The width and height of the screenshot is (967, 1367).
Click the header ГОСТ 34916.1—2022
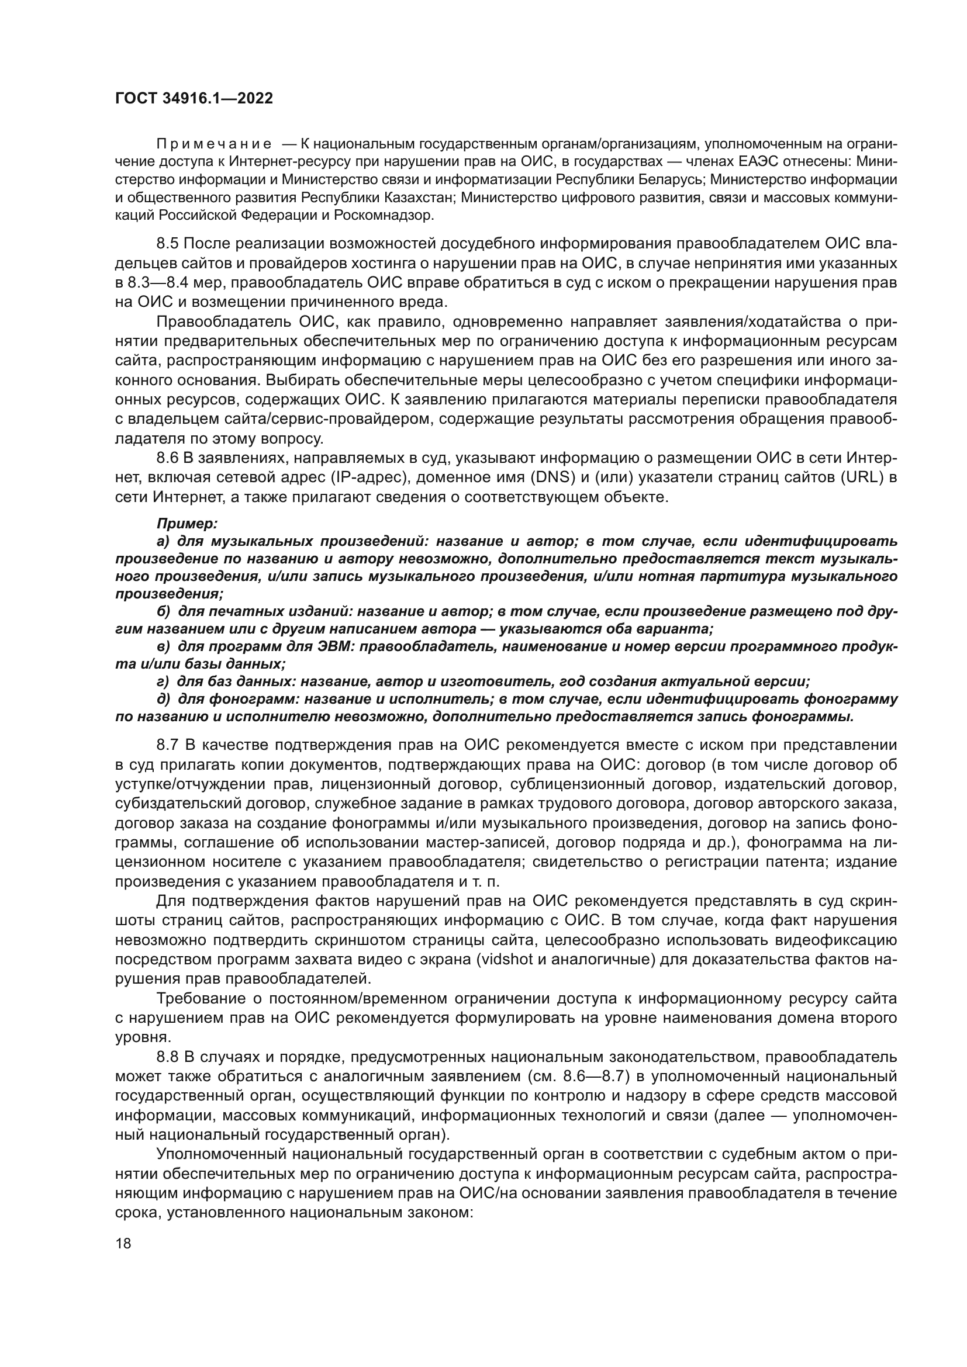194,98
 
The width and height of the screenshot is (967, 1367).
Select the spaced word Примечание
214,144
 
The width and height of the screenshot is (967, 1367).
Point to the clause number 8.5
167,244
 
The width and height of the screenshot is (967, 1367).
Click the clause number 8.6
167,458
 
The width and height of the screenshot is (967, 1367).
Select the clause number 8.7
167,745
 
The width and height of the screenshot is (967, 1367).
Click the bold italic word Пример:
187,523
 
